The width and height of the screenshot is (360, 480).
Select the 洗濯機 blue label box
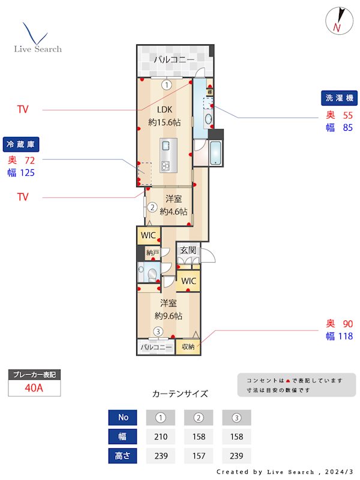[340, 98]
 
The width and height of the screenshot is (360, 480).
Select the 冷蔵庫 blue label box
[22, 145]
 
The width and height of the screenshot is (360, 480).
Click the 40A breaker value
[34, 388]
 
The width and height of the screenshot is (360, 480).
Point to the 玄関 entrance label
[188, 250]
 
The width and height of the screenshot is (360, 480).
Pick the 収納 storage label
[188, 347]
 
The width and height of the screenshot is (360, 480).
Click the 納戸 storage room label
[152, 253]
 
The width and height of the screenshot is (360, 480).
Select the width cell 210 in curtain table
[160, 437]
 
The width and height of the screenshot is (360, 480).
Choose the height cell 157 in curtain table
[199, 456]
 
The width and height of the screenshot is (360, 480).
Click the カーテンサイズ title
[180, 394]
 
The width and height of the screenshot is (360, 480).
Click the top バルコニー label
[174, 60]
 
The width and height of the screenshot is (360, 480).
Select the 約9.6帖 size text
[169, 316]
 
